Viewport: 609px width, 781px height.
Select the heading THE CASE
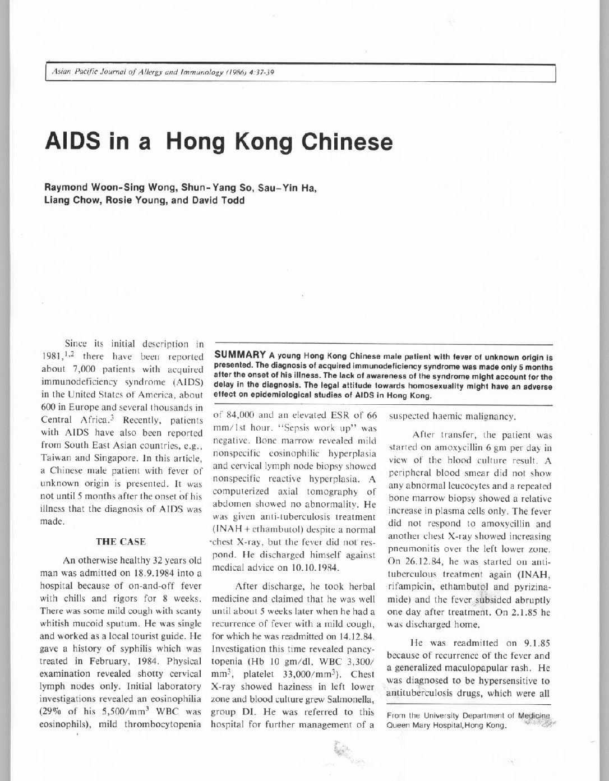[x=121, y=542]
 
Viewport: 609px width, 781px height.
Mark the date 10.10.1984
[x=310, y=567]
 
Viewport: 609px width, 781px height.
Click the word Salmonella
[x=350, y=699]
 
